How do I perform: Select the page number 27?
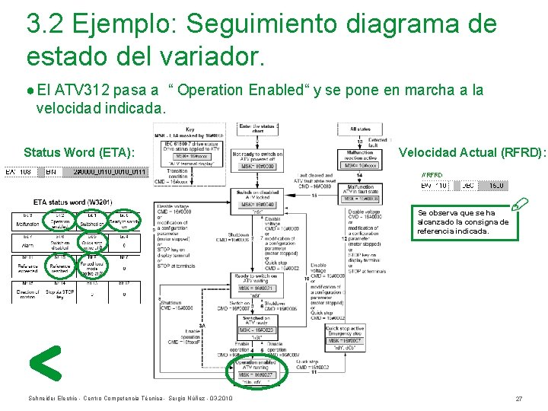tap(518, 399)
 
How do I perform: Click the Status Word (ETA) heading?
tap(80, 152)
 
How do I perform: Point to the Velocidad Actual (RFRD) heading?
tap(472, 152)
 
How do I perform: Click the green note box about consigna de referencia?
tap(464, 221)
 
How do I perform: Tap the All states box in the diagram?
tap(360, 130)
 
